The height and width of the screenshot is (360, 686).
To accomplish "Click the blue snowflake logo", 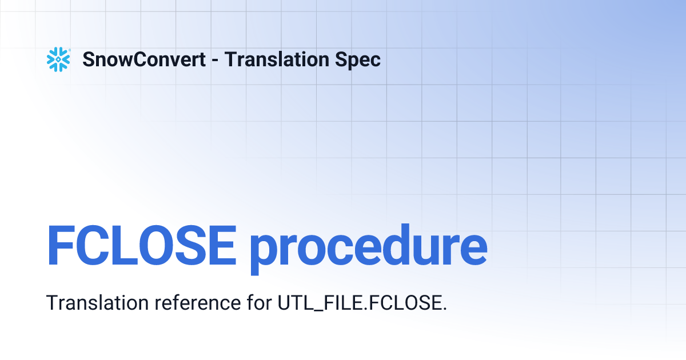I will coord(58,59).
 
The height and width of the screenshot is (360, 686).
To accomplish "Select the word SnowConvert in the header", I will coord(144,59).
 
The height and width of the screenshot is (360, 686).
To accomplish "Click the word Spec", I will coord(359,59).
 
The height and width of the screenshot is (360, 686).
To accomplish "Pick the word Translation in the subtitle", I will coord(98,302).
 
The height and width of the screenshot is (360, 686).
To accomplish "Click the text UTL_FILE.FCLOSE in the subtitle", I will coord(359,302).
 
